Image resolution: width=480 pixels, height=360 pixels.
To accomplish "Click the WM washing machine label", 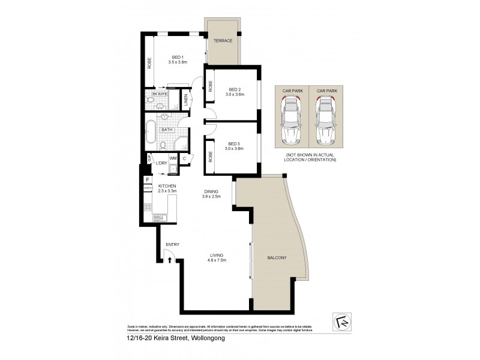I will (x=172, y=158).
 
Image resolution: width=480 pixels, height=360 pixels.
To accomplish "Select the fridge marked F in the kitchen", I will (x=146, y=179).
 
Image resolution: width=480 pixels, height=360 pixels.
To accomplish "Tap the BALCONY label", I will (x=278, y=258).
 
